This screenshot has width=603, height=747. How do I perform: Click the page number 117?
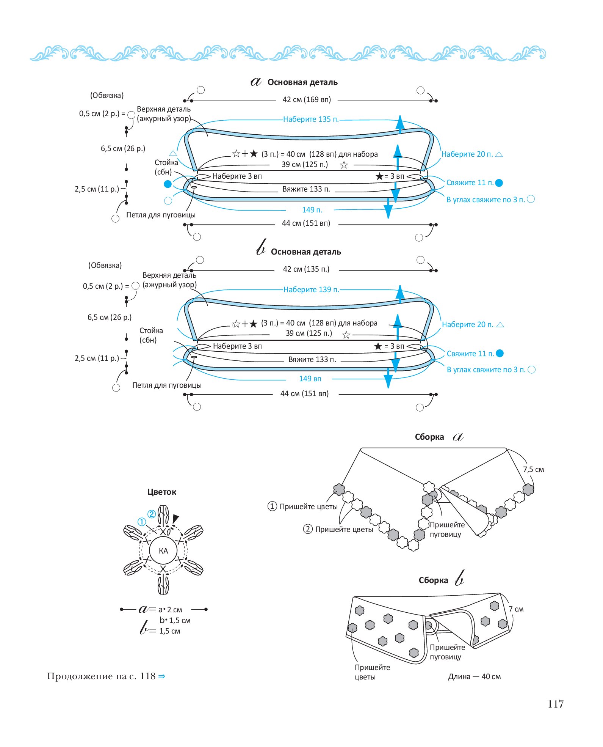point(556,705)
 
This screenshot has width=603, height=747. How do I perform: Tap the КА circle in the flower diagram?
point(163,551)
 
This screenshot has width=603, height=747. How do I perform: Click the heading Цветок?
point(162,492)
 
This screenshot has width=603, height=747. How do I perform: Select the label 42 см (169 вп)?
point(307,99)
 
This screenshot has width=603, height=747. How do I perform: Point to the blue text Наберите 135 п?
point(311,119)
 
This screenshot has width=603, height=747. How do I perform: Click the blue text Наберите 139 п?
point(311,289)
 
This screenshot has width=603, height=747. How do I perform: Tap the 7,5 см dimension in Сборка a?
point(533,470)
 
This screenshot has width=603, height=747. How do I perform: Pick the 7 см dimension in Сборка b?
point(516,609)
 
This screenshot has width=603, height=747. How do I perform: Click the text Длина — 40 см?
point(475,677)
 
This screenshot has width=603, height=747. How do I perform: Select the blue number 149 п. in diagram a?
point(312,210)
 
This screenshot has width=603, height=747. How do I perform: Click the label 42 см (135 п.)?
point(306,269)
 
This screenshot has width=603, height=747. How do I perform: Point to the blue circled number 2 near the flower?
point(152,514)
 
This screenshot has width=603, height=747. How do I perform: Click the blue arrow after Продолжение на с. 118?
point(162,676)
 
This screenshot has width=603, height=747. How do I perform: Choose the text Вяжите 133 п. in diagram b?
point(312,359)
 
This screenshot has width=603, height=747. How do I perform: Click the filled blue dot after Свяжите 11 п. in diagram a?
point(499,183)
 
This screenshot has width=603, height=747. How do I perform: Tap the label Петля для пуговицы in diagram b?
point(167,385)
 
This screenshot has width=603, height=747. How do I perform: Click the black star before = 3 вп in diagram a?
point(379,176)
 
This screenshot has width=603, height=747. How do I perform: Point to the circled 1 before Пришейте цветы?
point(272,506)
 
